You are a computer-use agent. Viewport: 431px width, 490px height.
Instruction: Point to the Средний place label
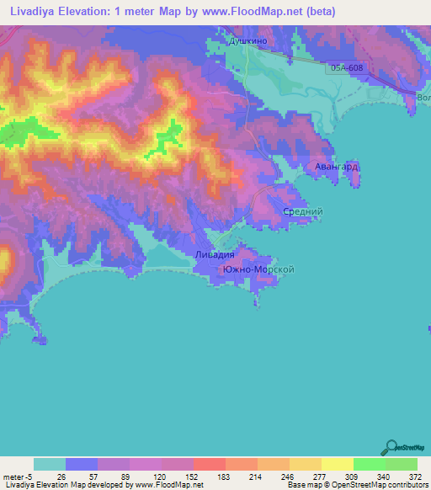tap(303, 212)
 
